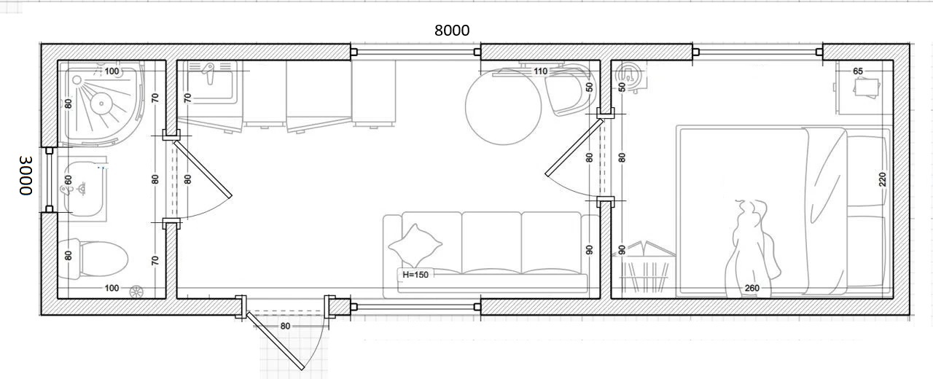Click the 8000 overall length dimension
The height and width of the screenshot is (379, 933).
pos(452,31)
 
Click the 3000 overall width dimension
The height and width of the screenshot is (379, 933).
pos(26,176)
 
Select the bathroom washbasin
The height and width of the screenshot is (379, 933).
pos(84,189)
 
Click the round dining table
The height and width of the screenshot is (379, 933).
pos(503,106)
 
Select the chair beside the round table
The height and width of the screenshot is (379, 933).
pos(569,90)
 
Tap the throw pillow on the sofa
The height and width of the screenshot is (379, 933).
pos(415,246)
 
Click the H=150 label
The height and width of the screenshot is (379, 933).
pos(415,275)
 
